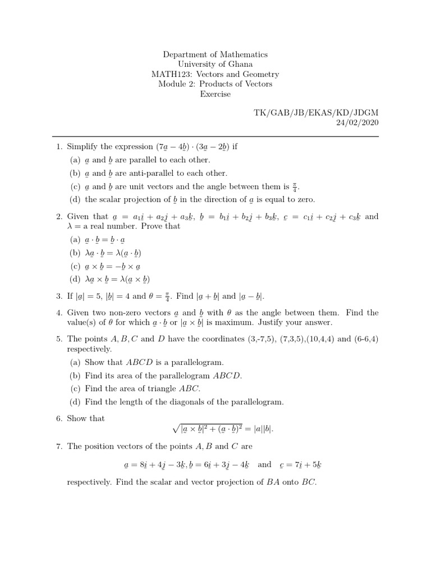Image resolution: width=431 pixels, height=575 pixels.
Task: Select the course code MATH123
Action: [171, 74]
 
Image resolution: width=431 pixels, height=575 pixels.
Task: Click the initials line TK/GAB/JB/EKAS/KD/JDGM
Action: [316, 113]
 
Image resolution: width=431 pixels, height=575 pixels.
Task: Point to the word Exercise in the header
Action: [215, 94]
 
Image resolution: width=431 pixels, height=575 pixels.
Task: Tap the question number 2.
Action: [59, 216]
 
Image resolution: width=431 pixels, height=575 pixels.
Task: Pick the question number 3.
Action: [59, 296]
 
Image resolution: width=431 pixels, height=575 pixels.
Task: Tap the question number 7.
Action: [59, 446]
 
